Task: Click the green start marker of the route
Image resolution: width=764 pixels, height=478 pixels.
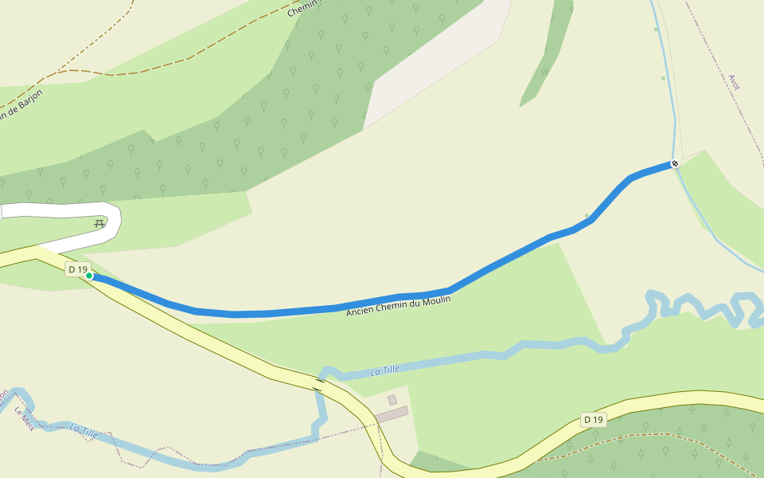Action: coord(89,276)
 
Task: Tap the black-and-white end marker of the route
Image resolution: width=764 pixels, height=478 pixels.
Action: coord(675,163)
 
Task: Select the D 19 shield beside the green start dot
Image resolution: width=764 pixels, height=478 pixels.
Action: coord(77,269)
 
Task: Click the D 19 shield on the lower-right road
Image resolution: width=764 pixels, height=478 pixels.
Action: coord(593,419)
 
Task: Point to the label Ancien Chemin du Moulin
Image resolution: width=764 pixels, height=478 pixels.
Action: coord(398,306)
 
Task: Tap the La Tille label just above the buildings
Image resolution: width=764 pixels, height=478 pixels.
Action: coord(385,370)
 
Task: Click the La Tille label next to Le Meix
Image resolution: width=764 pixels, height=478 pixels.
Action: coord(84,430)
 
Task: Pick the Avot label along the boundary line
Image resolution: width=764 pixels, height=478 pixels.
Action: coord(734,82)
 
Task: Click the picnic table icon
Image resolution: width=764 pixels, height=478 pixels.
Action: coord(99,224)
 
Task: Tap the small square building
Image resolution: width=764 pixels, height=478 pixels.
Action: coord(392,400)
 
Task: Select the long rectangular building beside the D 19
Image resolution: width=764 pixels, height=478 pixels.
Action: coord(392,415)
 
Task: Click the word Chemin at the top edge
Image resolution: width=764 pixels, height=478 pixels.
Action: coord(302,9)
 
